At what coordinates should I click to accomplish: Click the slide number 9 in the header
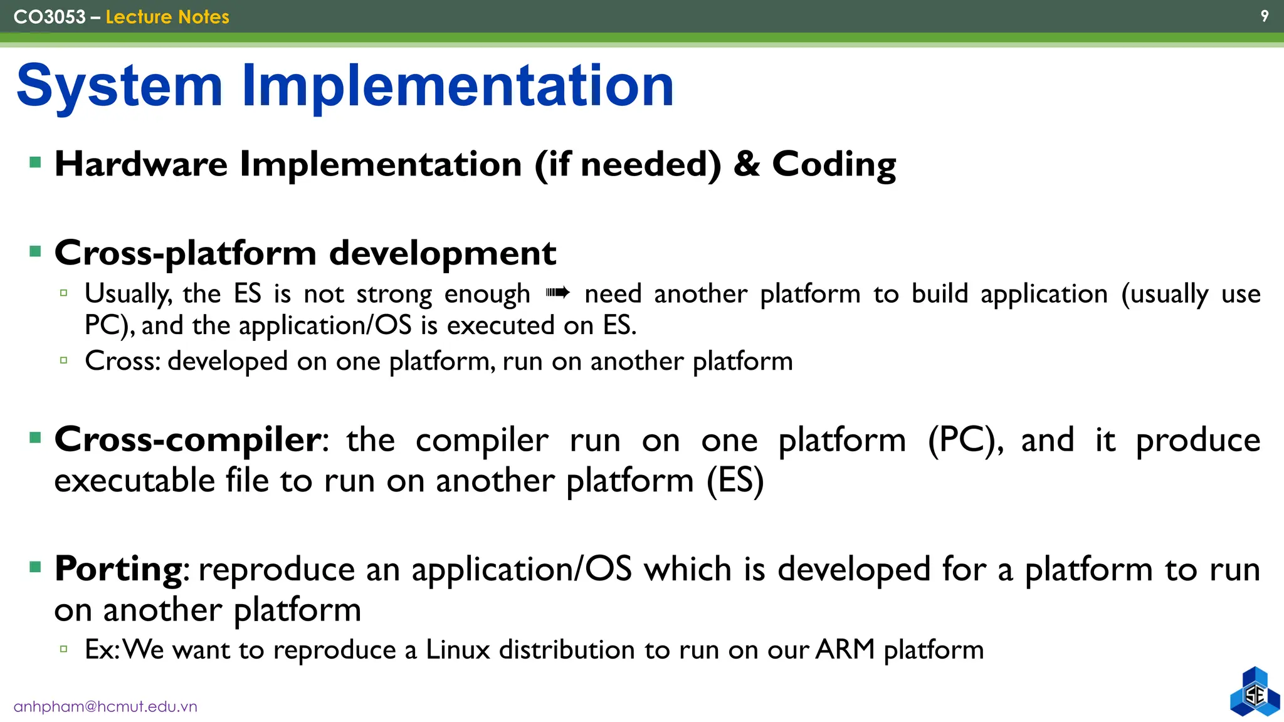[x=1264, y=16]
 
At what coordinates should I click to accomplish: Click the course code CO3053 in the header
[x=49, y=17]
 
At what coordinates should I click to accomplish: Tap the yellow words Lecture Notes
[x=167, y=17]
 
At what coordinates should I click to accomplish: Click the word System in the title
[x=119, y=86]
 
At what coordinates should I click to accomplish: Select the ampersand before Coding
[x=746, y=164]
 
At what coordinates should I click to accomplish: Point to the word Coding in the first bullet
[x=834, y=165]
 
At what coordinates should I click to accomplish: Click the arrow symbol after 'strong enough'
[x=557, y=293]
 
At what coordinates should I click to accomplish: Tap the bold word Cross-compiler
[x=187, y=440]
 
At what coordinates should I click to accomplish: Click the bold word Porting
[x=118, y=570]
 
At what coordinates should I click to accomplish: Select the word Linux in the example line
[x=457, y=650]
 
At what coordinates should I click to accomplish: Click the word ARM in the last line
[x=845, y=649]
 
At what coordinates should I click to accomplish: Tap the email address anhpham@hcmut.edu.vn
[x=105, y=707]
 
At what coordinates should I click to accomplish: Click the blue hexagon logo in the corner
[x=1255, y=693]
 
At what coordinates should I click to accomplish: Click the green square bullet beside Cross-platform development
[x=35, y=252]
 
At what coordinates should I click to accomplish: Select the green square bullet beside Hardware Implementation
[x=35, y=164]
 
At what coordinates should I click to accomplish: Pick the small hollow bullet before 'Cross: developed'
[x=63, y=360]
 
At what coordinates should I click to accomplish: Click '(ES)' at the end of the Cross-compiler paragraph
[x=735, y=481]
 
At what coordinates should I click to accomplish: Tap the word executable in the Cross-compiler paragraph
[x=134, y=481]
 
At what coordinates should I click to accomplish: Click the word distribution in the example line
[x=567, y=650]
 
